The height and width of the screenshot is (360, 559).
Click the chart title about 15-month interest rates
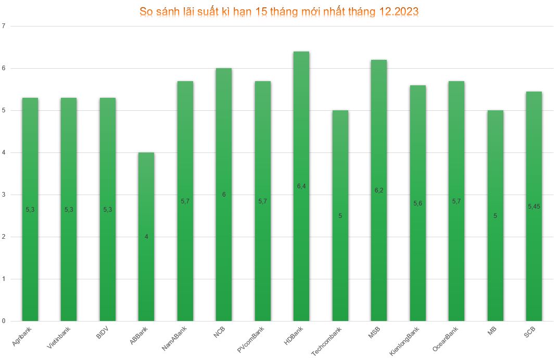tap(279, 12)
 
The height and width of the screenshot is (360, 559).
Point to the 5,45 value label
tap(534, 207)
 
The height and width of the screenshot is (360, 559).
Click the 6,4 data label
tap(301, 186)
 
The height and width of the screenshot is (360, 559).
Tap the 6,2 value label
tap(378, 190)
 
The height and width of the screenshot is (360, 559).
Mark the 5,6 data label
tap(417, 203)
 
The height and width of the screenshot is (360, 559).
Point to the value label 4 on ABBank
tap(146, 237)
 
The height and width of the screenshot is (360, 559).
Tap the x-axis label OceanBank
tap(446, 339)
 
